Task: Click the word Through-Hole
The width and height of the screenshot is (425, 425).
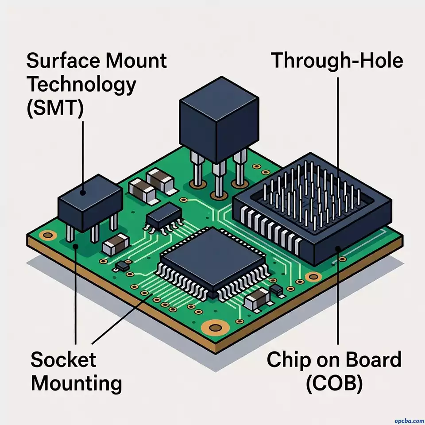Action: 336,60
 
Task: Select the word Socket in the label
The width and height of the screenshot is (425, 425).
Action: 63,359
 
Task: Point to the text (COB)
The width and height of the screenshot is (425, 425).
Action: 334,384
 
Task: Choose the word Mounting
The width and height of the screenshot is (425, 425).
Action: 76,383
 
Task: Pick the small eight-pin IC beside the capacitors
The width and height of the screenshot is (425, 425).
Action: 165,217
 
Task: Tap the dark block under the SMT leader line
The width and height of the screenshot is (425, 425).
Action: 90,201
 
